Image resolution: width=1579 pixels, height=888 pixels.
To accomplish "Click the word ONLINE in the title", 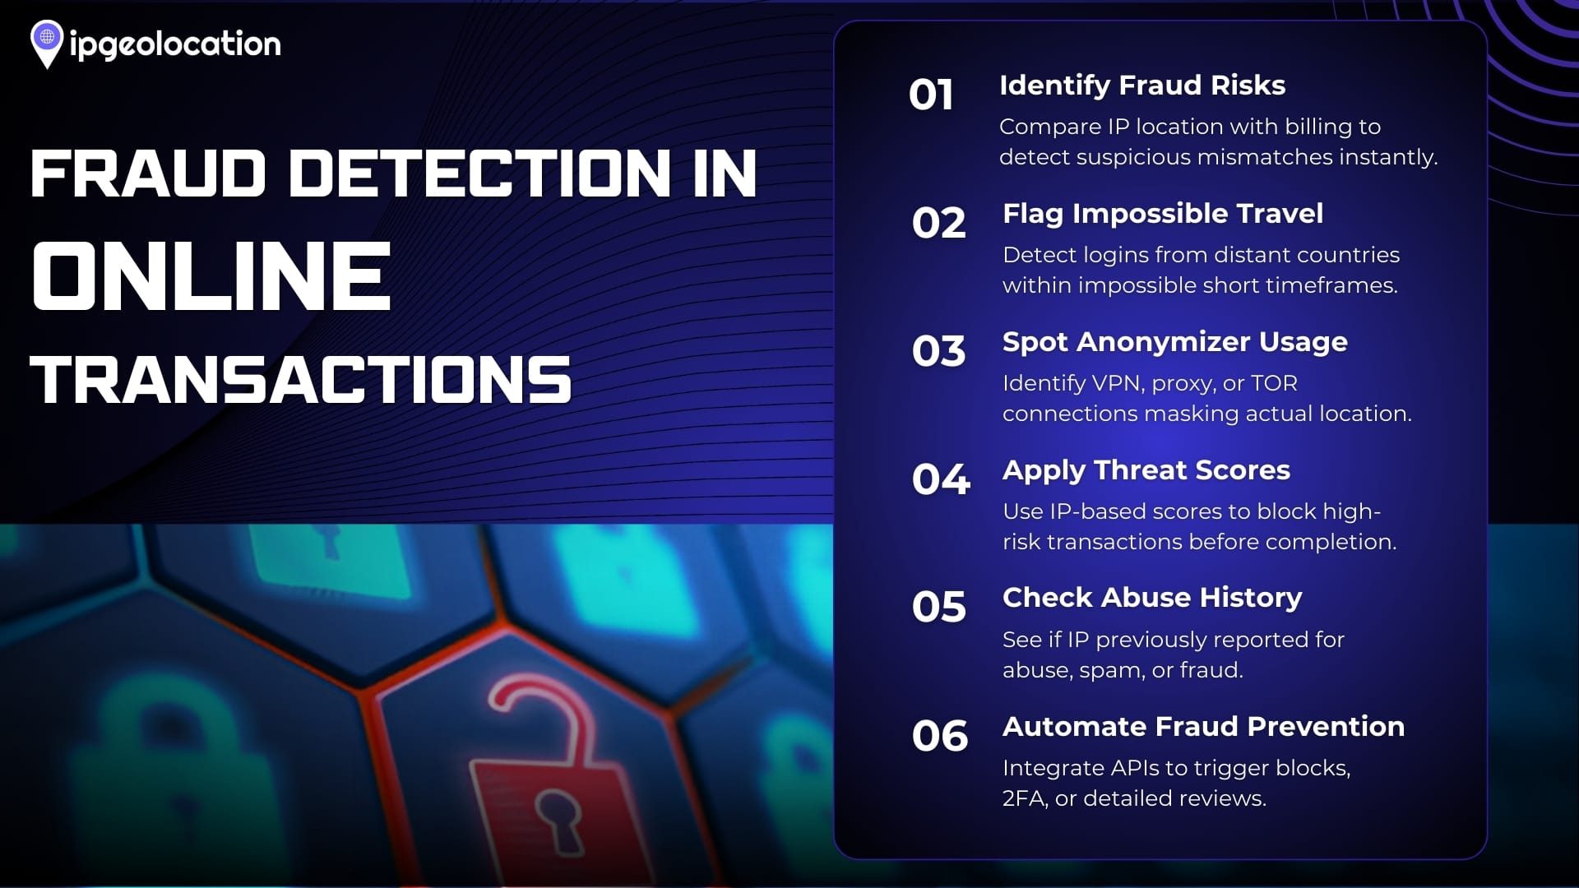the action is pos(211,277).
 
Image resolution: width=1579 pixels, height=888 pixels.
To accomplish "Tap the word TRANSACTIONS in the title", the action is pos(301,380).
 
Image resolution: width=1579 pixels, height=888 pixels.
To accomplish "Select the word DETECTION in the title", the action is pos(480,173).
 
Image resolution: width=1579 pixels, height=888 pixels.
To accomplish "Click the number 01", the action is pos(931,95).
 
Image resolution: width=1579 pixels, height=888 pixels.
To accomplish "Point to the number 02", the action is pos(938,223).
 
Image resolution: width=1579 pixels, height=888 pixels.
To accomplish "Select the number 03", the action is pos(938,351).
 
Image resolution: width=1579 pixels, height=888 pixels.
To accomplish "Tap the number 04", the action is pos(941,479).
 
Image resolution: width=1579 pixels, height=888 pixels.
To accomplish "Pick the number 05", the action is pos(938,608).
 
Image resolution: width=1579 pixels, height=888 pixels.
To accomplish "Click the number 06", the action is pos(940,736).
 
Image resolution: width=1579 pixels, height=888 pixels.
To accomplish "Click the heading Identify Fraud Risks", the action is pos(1142,86).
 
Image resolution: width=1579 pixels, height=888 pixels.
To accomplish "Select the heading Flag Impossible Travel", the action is pos(1163,215).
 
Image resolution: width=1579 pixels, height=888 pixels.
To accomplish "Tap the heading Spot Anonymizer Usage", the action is pos(1175,343).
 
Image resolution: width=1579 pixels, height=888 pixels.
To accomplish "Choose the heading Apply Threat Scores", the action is pos(1146,471).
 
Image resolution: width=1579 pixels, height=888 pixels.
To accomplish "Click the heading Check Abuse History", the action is pos(1152,599).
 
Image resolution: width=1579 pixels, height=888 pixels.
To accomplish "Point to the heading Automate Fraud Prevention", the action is pos(1204,727).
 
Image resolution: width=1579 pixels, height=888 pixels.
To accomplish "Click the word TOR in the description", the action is pos(1274,383).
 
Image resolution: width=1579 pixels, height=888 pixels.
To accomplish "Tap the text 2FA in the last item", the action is pos(1024,798).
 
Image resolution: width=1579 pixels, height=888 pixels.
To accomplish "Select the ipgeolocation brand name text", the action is pos(175,44).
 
